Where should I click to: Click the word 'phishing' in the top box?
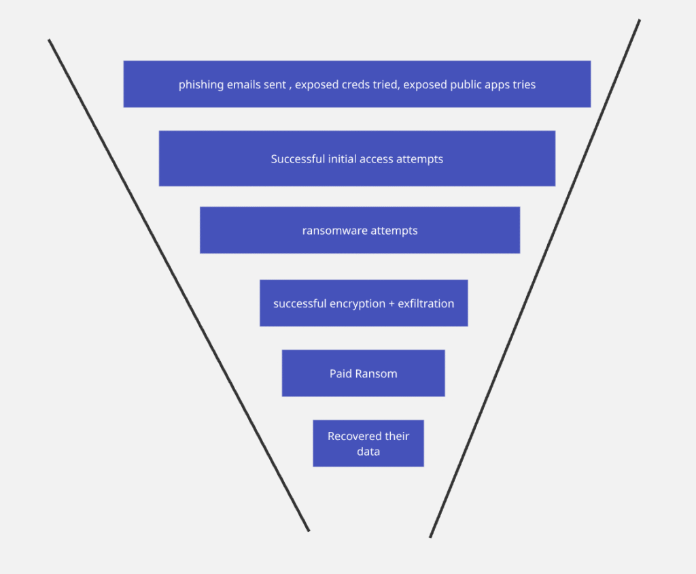(x=200, y=85)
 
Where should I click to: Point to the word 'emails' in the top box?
(x=242, y=85)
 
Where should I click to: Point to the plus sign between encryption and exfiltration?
(x=391, y=304)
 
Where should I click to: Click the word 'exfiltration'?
(x=426, y=304)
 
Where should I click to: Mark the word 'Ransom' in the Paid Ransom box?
(x=377, y=374)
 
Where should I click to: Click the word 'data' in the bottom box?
(x=368, y=452)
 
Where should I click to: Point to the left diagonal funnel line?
(x=178, y=284)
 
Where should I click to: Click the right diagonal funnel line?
(x=535, y=279)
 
